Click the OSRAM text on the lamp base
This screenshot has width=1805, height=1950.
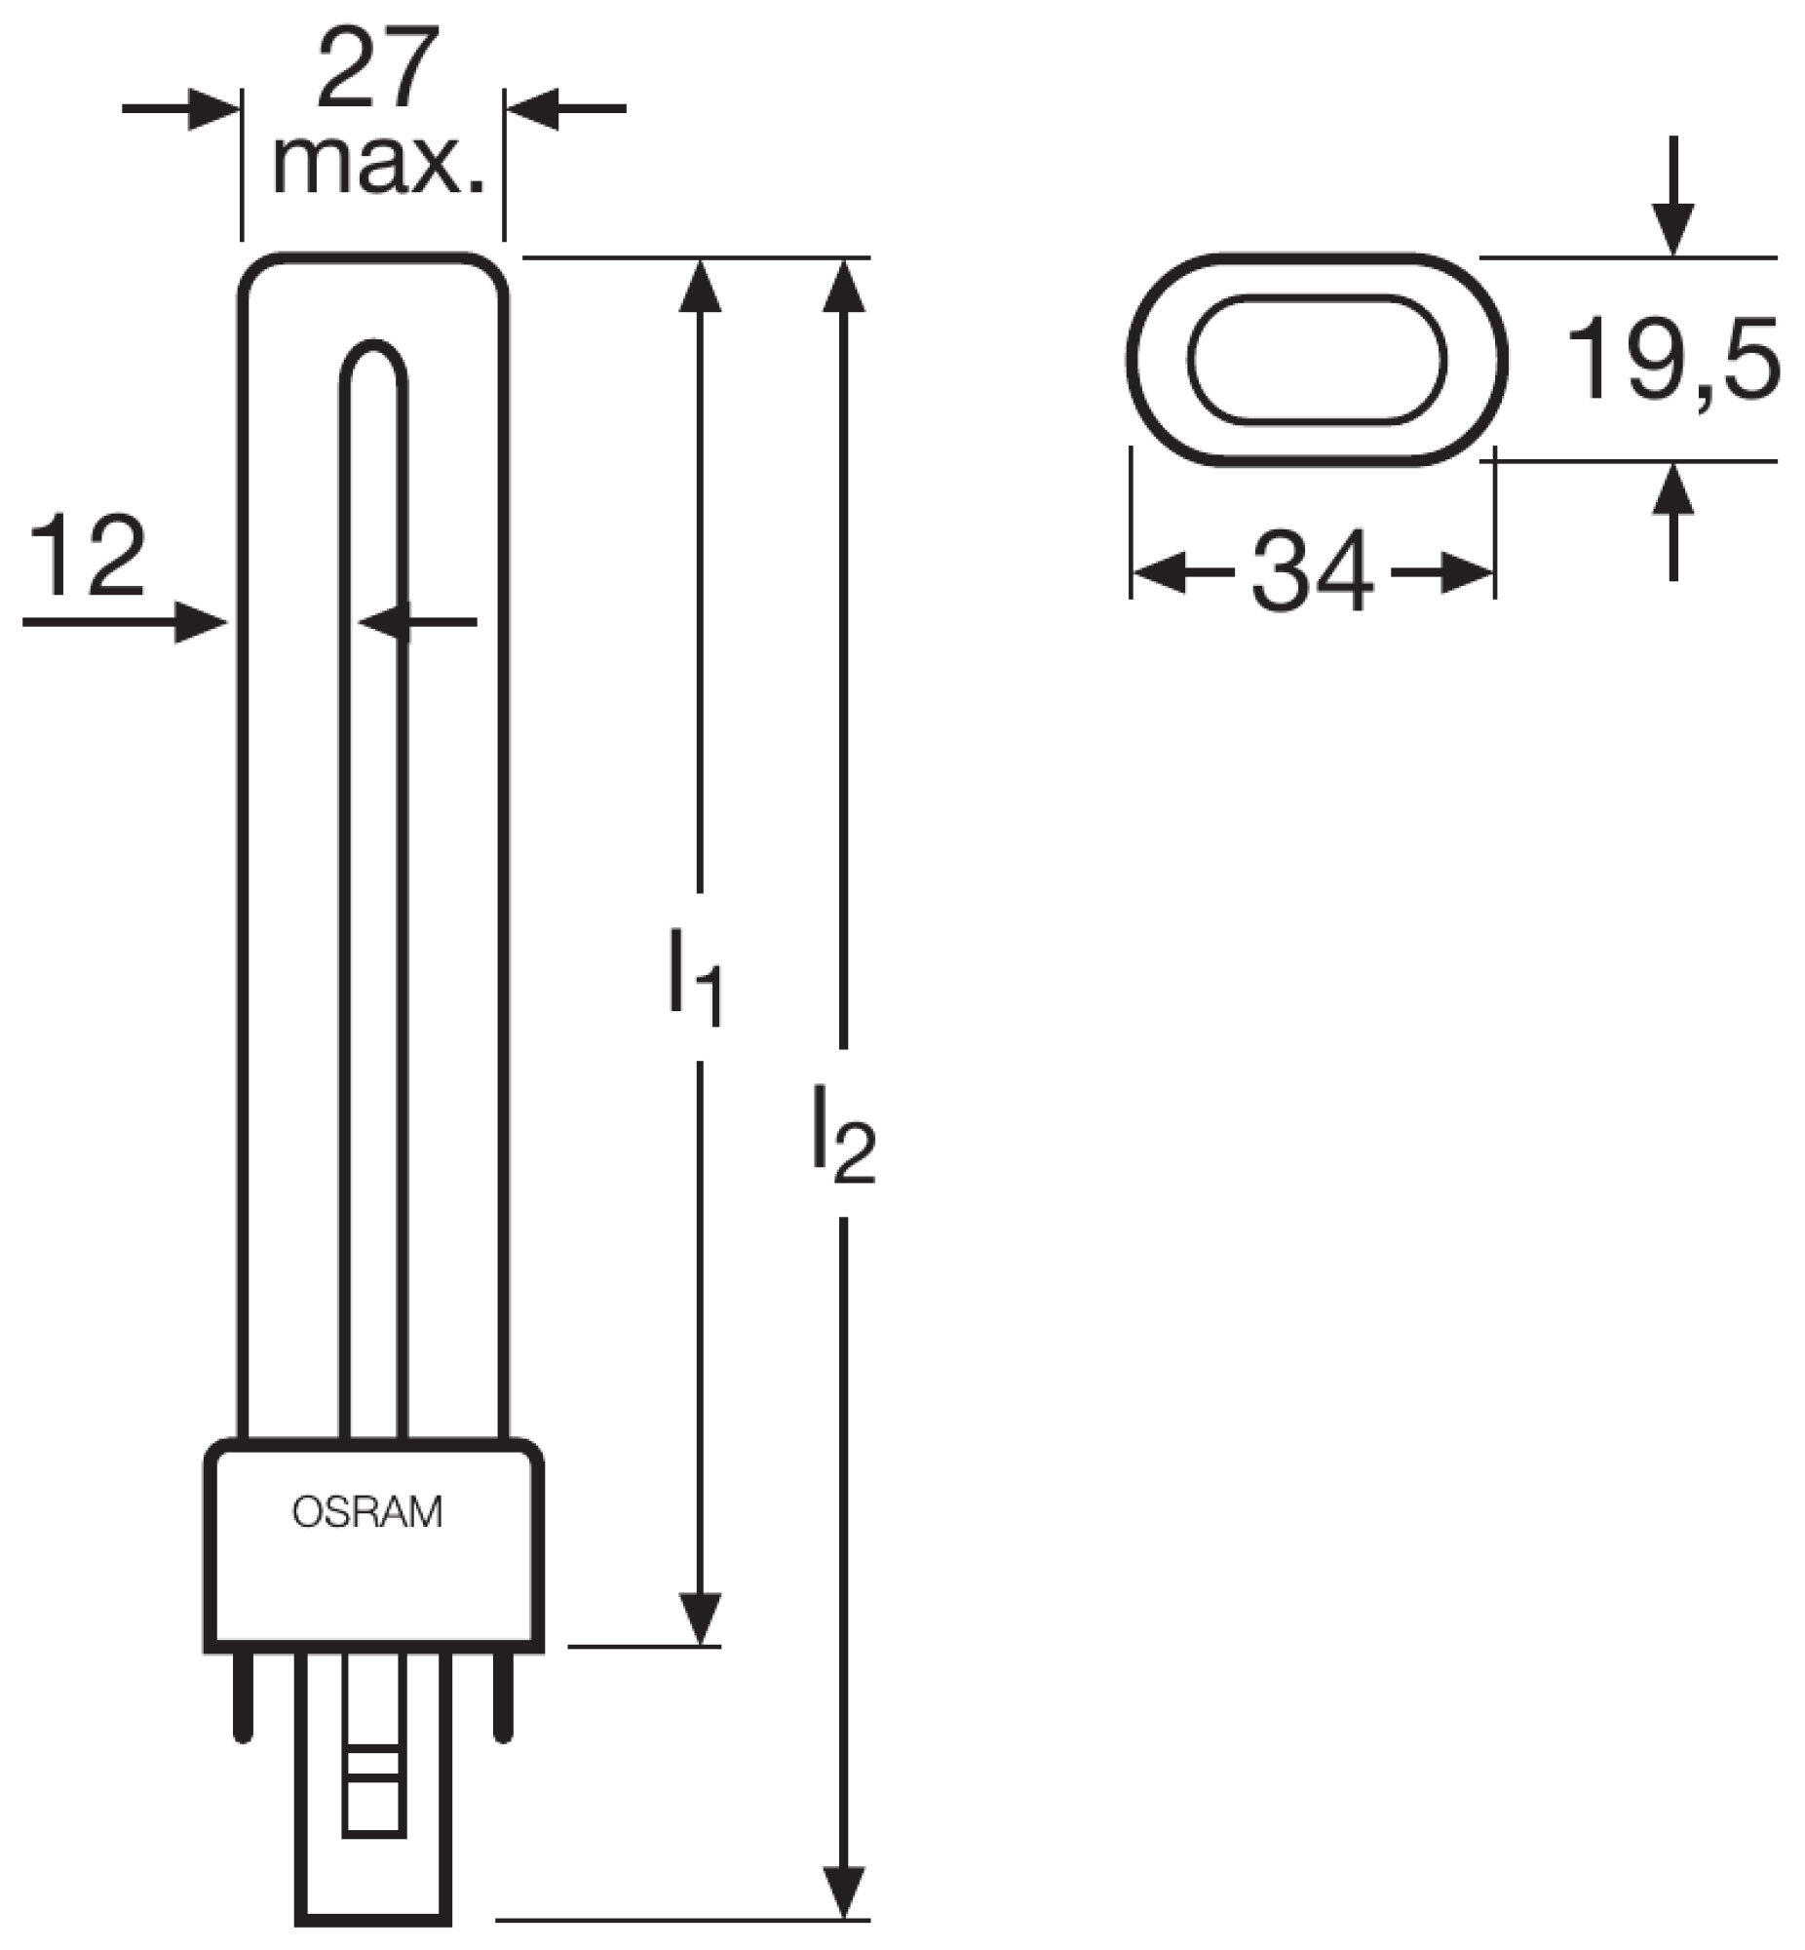(367, 1512)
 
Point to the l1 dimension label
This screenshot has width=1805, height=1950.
(696, 978)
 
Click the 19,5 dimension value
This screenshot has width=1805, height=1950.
(1671, 360)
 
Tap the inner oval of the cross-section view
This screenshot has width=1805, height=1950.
(1316, 360)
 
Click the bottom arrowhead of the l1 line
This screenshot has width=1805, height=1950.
(700, 1618)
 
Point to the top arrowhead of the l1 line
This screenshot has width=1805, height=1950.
(700, 286)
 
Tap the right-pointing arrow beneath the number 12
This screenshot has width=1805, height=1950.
(200, 621)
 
